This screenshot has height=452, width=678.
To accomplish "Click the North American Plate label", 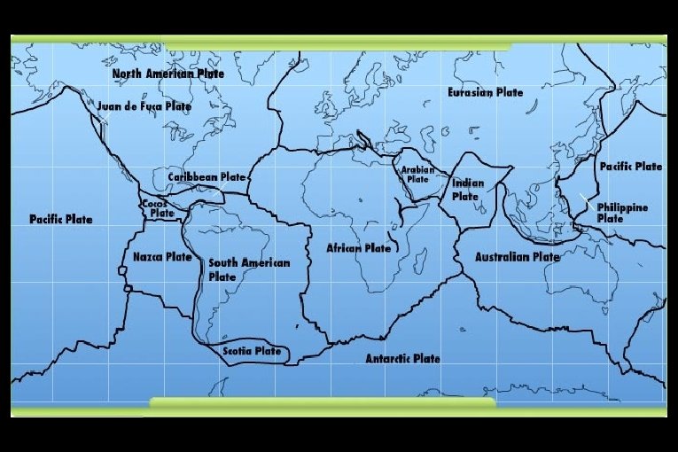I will [x=168, y=74].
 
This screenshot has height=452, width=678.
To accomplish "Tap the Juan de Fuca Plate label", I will [x=144, y=105].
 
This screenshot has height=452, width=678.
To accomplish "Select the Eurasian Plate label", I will [x=485, y=92].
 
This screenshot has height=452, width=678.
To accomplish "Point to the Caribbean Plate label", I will [x=207, y=177].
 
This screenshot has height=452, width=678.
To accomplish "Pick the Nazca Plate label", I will [x=162, y=257].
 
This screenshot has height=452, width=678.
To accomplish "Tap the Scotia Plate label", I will [x=252, y=351].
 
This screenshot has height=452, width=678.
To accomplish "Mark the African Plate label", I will [x=358, y=248].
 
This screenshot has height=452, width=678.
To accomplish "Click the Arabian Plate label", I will [x=417, y=174].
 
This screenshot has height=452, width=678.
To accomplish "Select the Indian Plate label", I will [x=468, y=190].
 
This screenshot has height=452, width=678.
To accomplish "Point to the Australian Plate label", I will [x=518, y=257].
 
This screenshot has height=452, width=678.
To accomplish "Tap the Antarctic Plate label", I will [x=402, y=359].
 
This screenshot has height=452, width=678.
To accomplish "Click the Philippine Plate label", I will [x=621, y=213].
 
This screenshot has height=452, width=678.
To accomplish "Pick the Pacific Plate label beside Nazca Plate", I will [x=60, y=219].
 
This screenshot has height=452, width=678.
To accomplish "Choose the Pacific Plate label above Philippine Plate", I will [x=630, y=166].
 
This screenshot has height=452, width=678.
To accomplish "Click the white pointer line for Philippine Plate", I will [x=586, y=199].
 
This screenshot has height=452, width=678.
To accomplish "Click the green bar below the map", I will [x=322, y=404].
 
